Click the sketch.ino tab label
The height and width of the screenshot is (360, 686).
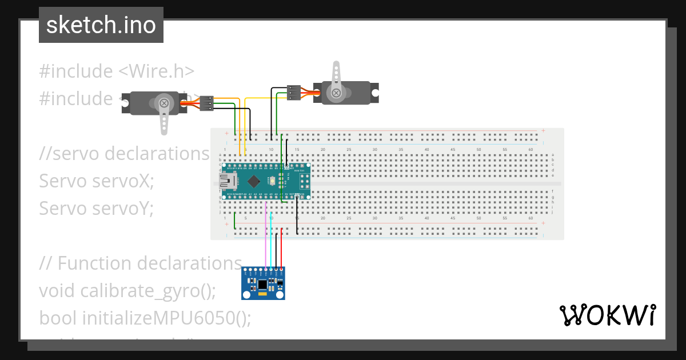[101, 25]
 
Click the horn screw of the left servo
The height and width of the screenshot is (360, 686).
[164, 103]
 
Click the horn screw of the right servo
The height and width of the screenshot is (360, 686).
[336, 93]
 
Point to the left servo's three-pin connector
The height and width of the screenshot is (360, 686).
[206, 103]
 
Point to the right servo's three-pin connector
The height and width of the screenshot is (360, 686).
[293, 93]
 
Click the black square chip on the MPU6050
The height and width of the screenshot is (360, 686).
[262, 284]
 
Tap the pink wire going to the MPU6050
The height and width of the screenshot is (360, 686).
[266, 240]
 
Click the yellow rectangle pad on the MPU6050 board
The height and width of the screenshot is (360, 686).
[262, 295]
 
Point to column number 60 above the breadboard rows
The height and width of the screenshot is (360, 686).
[531, 149]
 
